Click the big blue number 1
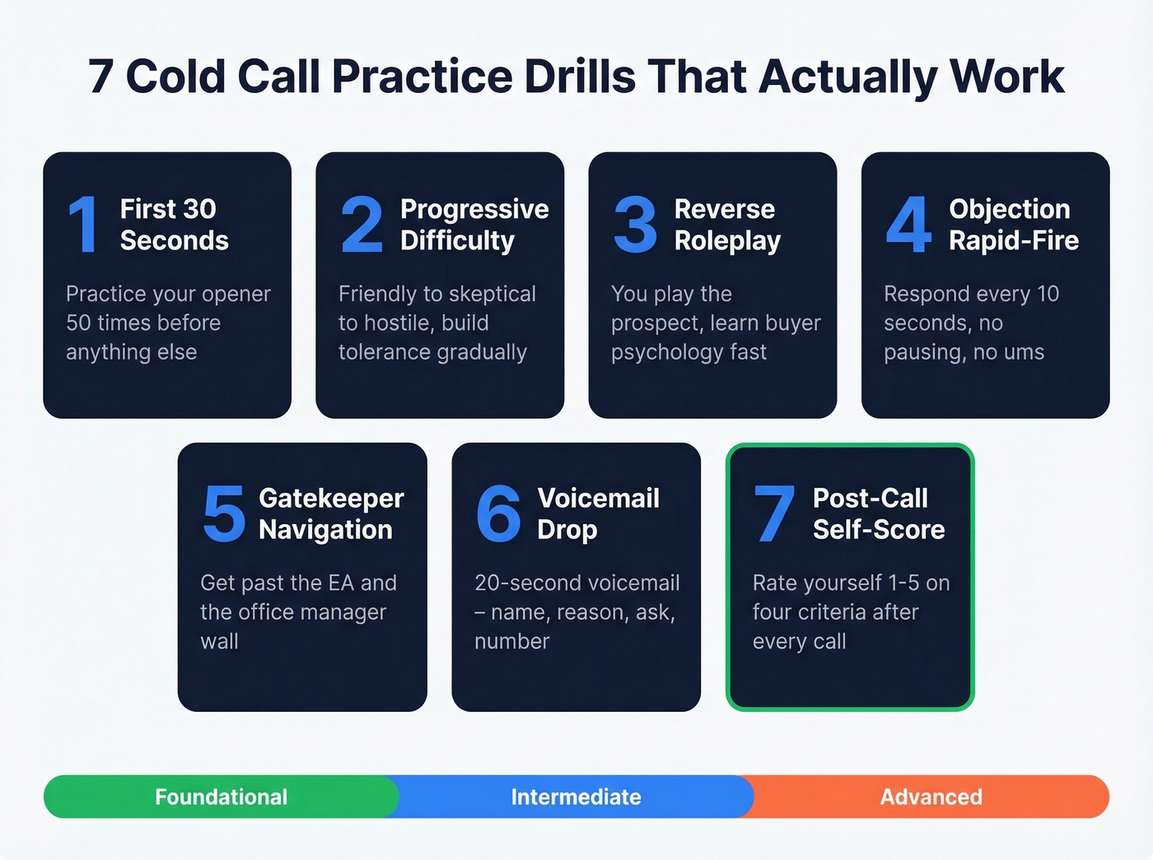click(x=83, y=224)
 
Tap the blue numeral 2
click(x=362, y=224)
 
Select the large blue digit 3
click(x=635, y=224)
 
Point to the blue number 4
click(x=908, y=224)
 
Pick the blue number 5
click(x=223, y=514)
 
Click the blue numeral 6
click(x=498, y=514)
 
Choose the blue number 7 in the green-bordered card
click(x=774, y=514)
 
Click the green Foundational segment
click(x=221, y=797)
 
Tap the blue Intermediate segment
click(x=576, y=797)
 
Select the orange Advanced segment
click(x=931, y=797)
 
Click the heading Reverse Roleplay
click(x=726, y=225)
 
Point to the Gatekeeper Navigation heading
click(x=330, y=514)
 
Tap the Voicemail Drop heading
click(x=598, y=514)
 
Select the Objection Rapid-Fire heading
click(x=1013, y=225)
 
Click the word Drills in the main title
click(x=580, y=77)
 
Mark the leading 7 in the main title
click(x=100, y=77)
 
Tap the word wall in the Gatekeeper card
click(x=219, y=641)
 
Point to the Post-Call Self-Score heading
click(x=878, y=514)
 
